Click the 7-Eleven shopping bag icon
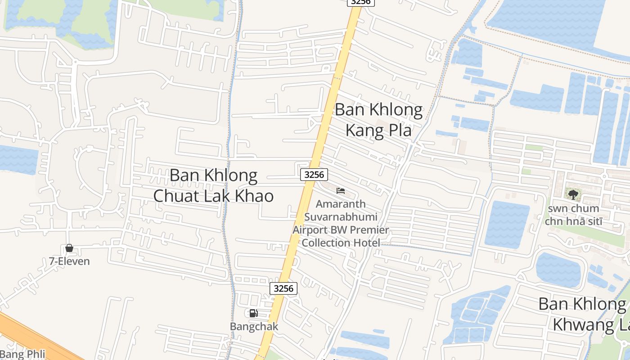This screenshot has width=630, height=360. pos(69,248)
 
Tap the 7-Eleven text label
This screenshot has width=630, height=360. pos(69,261)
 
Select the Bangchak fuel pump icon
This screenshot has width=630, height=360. pos(254,313)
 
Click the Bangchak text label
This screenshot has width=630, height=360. pos(254,326)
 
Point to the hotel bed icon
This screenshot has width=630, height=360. pos(341,191)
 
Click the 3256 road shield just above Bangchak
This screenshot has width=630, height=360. pos(283,288)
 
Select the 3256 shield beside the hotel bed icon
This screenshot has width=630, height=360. pos(314,175)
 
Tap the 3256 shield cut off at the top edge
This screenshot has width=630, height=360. pos(360,2)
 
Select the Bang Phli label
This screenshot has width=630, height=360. pos(22,354)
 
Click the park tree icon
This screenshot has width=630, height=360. pos(572,194)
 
